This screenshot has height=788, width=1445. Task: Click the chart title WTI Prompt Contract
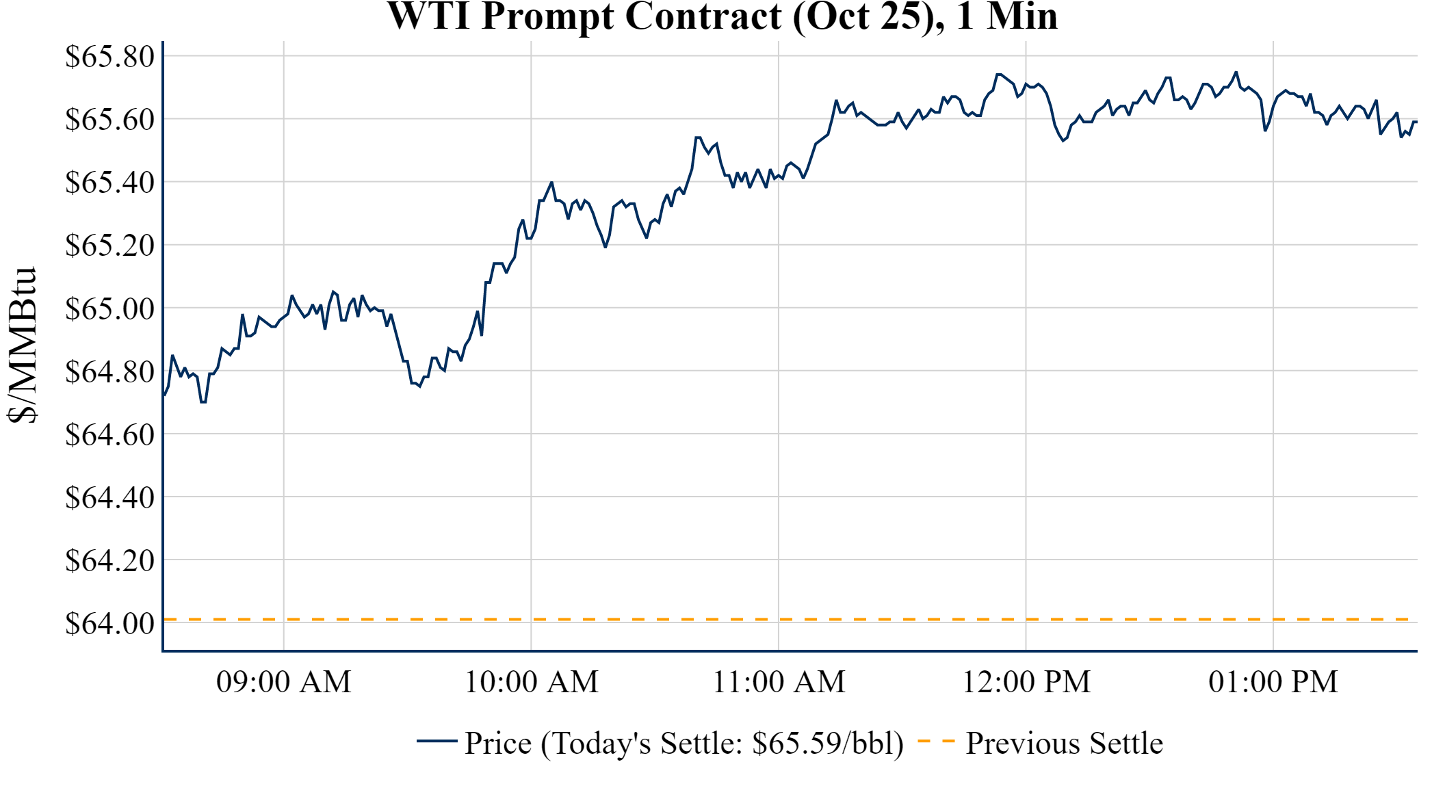pyautogui.click(x=722, y=16)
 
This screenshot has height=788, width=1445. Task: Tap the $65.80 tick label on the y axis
pyautogui.click(x=109, y=56)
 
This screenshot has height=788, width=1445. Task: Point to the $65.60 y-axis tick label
pyautogui.click(x=109, y=119)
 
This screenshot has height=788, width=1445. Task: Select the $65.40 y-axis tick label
pyautogui.click(x=109, y=182)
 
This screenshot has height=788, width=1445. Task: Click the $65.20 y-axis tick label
pyautogui.click(x=109, y=245)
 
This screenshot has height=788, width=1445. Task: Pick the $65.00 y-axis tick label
pyautogui.click(x=109, y=308)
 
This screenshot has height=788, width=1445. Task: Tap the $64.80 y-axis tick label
pyautogui.click(x=109, y=371)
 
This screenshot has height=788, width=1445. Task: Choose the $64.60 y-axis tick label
pyautogui.click(x=109, y=434)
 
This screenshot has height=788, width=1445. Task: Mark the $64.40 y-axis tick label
pyautogui.click(x=109, y=497)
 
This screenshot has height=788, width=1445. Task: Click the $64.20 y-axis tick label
pyautogui.click(x=109, y=560)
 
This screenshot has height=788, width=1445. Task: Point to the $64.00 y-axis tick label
pyautogui.click(x=109, y=623)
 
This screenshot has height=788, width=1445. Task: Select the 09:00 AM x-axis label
pyautogui.click(x=284, y=682)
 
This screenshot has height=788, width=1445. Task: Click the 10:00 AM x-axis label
pyautogui.click(x=532, y=682)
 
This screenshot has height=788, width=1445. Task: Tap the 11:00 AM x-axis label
pyautogui.click(x=779, y=682)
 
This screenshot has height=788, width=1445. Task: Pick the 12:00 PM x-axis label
pyautogui.click(x=1026, y=682)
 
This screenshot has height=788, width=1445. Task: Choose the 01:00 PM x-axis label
pyautogui.click(x=1273, y=682)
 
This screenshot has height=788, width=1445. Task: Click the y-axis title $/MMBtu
pyautogui.click(x=22, y=345)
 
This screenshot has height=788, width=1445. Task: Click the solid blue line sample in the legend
pyautogui.click(x=437, y=741)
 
